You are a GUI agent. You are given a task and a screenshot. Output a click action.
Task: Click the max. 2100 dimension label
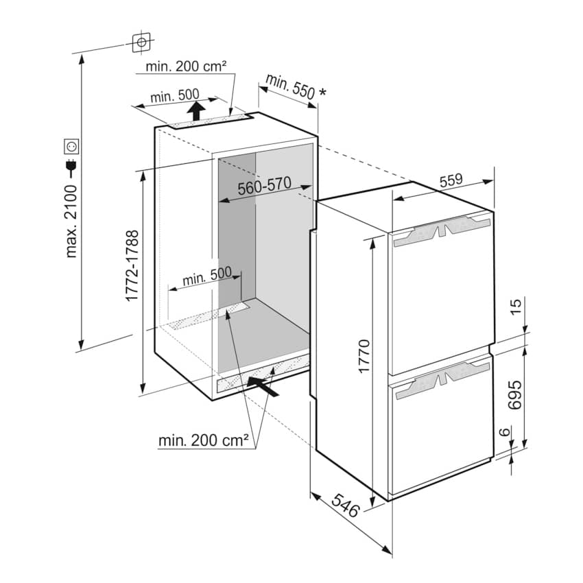(71, 222)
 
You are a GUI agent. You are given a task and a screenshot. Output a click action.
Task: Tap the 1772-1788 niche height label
(132, 265)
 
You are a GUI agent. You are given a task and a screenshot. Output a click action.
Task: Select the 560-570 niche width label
(264, 186)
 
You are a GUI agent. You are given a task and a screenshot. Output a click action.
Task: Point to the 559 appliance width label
(451, 180)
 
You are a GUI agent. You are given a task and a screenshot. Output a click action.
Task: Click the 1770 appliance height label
(364, 356)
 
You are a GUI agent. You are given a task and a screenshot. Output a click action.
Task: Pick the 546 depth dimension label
(346, 505)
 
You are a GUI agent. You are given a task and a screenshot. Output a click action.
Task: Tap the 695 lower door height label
(515, 395)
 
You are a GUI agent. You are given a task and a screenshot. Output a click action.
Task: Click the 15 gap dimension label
(516, 307)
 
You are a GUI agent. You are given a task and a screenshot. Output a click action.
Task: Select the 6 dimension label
(504, 432)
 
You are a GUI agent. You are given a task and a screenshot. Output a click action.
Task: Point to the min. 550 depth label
(290, 86)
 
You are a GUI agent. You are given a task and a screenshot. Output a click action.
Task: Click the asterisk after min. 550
(322, 91)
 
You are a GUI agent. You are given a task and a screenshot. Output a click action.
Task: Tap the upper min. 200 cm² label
(186, 67)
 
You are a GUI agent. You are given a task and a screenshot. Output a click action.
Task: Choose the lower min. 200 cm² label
(204, 440)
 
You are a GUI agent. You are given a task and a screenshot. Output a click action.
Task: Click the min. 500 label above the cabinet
(175, 96)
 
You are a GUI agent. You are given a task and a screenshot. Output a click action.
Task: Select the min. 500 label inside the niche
(206, 276)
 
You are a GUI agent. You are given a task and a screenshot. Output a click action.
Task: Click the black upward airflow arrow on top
(196, 110)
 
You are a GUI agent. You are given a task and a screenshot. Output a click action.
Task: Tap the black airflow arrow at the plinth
(263, 386)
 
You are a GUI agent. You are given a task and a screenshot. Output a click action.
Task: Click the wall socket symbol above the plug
(71, 146)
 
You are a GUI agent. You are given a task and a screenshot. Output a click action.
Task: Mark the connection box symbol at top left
(141, 43)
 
